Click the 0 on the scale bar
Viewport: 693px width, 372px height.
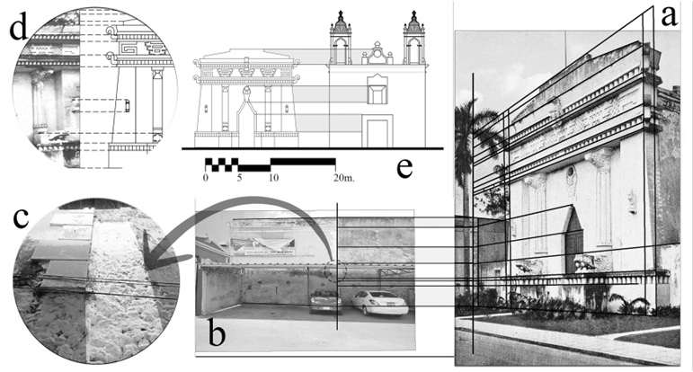tap(206, 178)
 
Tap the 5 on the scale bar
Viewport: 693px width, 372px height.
tap(239, 178)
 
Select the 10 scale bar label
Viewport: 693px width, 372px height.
tap(271, 178)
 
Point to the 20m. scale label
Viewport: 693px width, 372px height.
tap(342, 178)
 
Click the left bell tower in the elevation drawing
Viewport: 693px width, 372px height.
tap(341, 38)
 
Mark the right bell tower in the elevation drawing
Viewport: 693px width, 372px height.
tap(413, 38)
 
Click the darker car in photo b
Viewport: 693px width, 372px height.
tap(325, 301)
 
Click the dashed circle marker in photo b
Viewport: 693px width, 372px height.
tap(337, 272)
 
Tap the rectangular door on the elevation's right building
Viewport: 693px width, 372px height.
tap(376, 131)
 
